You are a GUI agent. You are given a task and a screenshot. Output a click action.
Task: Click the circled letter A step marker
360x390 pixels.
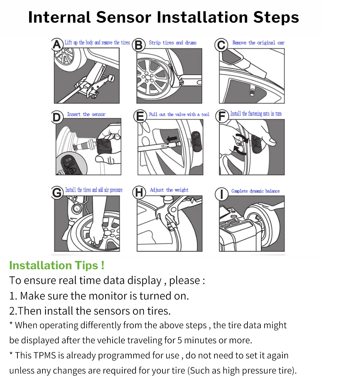coord(57,44)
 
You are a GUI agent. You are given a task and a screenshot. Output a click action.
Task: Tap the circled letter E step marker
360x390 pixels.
coord(140,116)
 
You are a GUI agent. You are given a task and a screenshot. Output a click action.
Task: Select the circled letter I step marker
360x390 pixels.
coord(222,194)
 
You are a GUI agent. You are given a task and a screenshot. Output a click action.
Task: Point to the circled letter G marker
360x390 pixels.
coord(57,193)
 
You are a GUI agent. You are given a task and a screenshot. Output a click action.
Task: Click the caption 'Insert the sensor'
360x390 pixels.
coord(86,114)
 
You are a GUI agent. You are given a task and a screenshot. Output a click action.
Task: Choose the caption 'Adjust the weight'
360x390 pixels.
coord(169,190)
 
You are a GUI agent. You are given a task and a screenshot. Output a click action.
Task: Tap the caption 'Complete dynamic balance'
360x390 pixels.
coord(255,191)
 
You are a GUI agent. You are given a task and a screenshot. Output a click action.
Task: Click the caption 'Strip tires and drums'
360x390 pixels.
coord(172,43)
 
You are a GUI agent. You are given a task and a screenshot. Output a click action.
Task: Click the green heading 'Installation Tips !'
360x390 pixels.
coord(57,265)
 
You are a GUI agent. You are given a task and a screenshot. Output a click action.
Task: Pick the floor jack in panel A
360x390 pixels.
coord(92,85)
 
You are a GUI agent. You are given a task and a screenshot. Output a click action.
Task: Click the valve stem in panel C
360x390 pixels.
coord(252,90)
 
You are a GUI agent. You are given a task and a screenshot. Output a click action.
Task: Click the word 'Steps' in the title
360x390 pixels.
coord(276,17)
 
